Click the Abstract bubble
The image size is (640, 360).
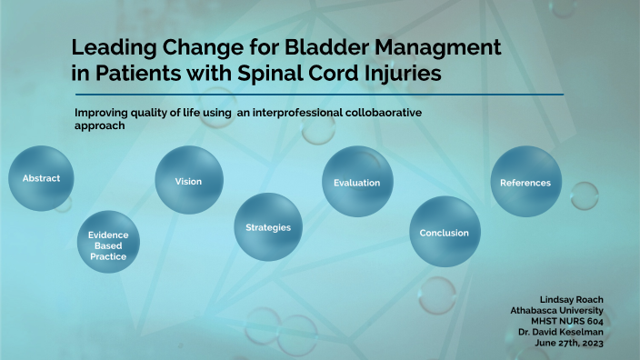41,178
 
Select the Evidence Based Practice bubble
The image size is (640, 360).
108,245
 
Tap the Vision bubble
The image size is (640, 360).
188,181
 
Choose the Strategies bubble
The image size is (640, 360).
268,226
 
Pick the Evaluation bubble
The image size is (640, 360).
357,183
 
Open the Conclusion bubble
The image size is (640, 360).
444,233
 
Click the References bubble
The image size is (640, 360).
525,183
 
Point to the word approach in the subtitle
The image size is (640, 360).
98,125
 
